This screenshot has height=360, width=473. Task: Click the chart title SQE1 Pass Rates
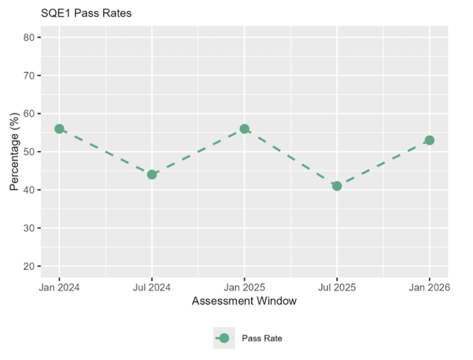86,13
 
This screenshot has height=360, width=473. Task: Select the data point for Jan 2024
59,129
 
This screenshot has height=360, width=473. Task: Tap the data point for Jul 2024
152,174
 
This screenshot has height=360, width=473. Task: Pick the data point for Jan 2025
245,129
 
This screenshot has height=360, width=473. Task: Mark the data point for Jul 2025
337,186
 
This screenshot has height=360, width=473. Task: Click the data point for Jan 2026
429,140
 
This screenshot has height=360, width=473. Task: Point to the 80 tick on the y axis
29,38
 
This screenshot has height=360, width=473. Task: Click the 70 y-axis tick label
29,76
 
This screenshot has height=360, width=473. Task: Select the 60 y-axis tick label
29,114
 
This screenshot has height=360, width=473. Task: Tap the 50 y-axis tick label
29,152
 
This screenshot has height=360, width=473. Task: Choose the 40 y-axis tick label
29,190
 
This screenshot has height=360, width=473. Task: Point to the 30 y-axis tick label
29,228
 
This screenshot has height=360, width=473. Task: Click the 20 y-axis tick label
29,266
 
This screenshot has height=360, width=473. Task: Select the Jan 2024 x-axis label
59,287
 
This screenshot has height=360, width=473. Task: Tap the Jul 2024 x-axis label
152,287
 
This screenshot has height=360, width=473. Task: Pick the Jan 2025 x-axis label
245,287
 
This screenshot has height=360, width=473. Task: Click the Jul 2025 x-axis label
337,287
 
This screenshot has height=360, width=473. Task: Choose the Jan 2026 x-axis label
429,287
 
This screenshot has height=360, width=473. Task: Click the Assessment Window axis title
244,301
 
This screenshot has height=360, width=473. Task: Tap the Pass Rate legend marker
224,338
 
